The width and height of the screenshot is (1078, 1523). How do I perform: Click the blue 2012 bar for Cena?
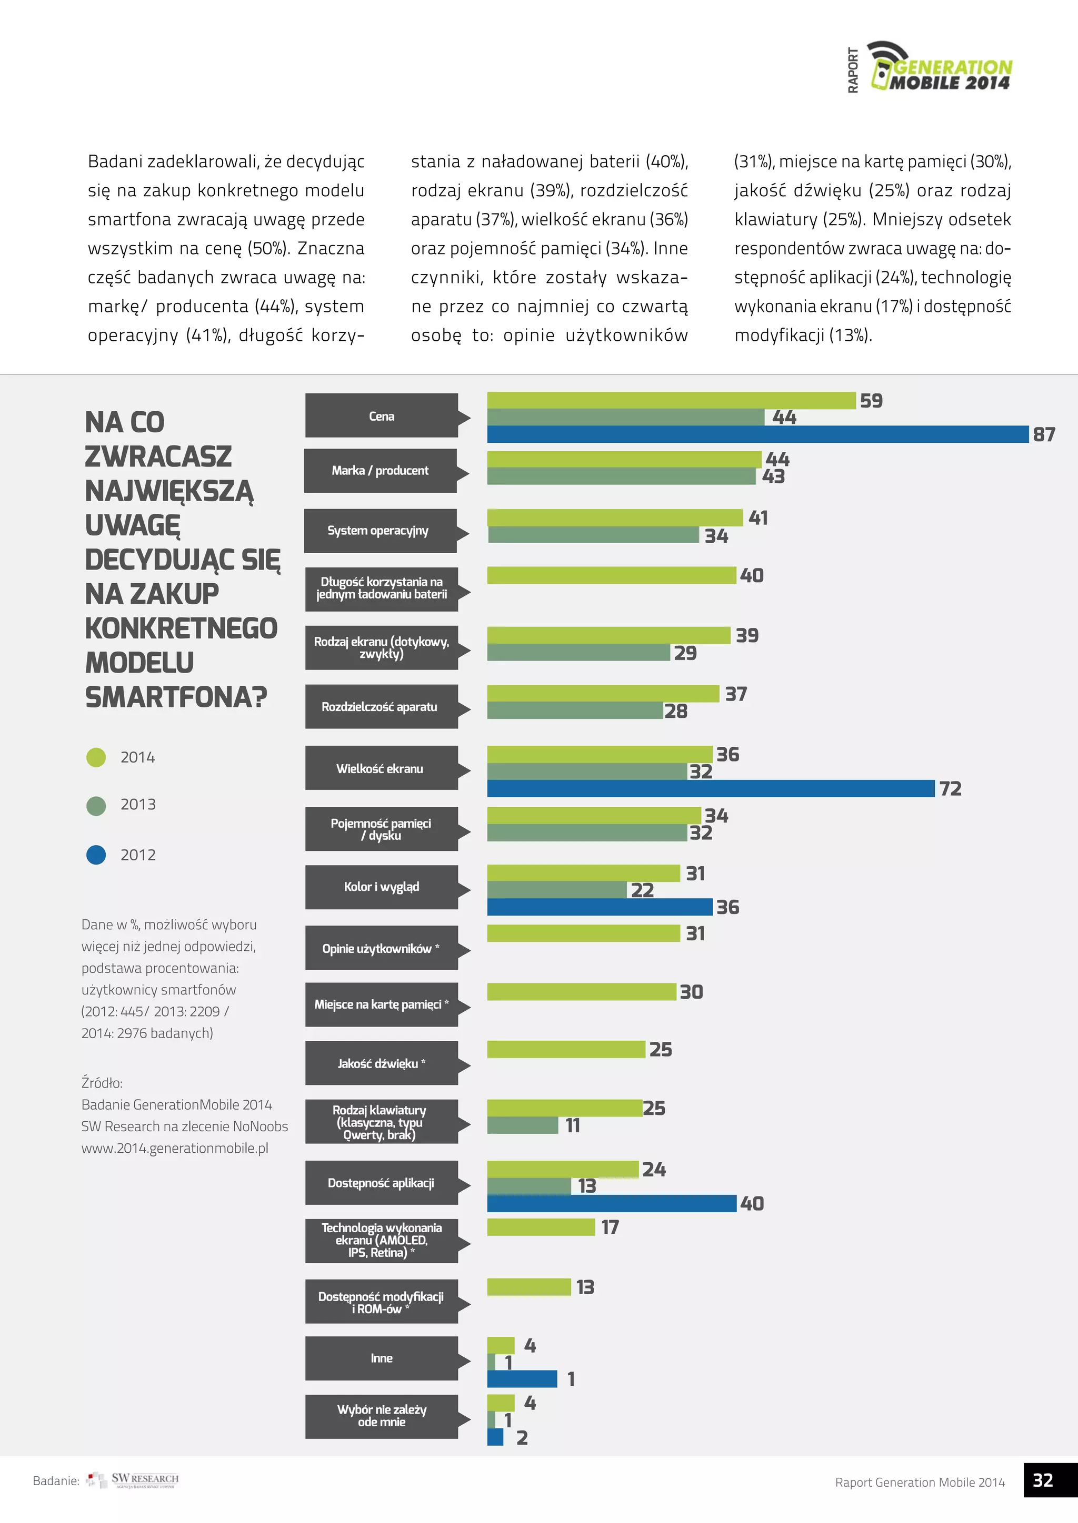[757, 434]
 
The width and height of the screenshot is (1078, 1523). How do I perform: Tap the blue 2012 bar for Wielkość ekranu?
[710, 789]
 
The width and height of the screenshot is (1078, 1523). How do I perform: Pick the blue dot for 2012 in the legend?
[96, 855]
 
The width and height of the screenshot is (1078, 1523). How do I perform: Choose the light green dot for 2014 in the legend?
[96, 757]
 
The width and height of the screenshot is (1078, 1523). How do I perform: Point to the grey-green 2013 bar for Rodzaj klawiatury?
[522, 1125]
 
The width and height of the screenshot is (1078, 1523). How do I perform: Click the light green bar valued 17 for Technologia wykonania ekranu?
[541, 1227]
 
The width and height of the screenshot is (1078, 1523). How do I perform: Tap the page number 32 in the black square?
[1043, 1480]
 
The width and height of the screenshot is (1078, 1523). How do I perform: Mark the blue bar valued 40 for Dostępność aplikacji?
[611, 1203]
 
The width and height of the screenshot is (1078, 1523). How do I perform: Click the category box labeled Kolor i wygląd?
[381, 887]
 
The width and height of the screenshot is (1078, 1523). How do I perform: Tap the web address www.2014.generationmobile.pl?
[175, 1148]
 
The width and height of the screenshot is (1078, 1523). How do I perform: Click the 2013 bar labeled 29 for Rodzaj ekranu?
[578, 653]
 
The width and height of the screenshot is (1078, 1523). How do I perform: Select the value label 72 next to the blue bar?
[950, 789]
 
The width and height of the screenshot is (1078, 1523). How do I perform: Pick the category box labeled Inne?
[381, 1358]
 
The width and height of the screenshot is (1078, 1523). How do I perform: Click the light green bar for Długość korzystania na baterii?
[611, 575]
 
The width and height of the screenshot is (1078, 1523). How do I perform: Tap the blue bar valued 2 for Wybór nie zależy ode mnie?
[495, 1437]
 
